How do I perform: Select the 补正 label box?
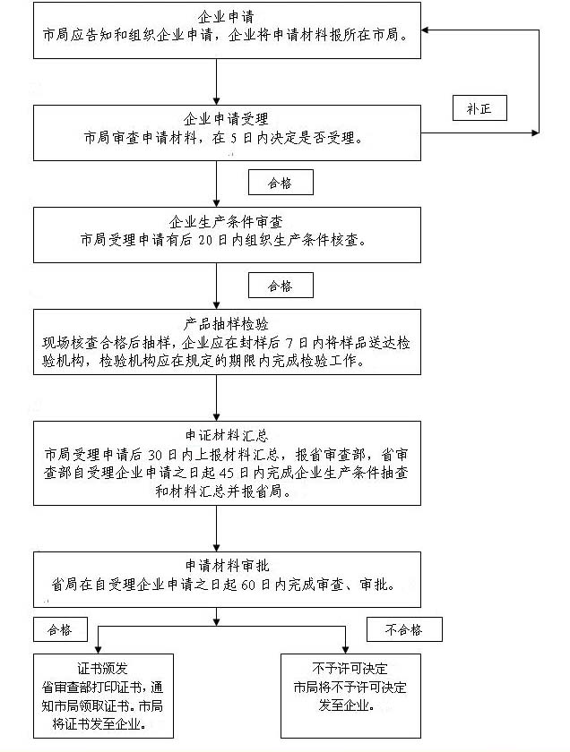(x=479, y=108)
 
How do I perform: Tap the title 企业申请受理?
(x=226, y=119)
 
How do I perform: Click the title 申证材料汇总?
(x=226, y=436)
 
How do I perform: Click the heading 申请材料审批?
(x=226, y=565)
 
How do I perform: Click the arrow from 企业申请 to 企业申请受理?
(x=217, y=81)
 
